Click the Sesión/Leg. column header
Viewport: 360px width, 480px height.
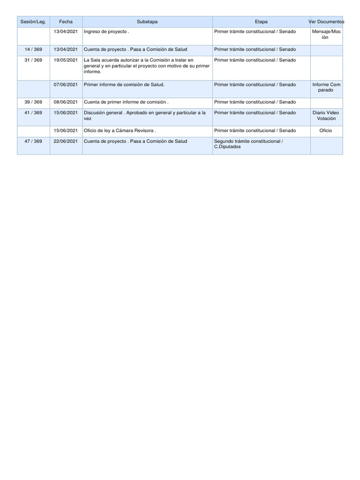(33, 22)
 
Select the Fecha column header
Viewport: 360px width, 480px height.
(66, 22)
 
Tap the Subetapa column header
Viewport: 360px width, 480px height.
(147, 22)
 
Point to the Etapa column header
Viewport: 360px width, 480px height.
(261, 22)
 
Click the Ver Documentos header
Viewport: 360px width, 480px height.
(327, 22)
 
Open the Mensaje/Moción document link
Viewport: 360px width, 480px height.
(326, 34)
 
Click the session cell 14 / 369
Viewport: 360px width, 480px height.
(33, 49)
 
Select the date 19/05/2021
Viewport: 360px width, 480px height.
(66, 60)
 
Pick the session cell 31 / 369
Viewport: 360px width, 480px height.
(33, 60)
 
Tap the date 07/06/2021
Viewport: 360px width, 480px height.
(66, 85)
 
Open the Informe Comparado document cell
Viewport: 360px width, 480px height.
(326, 87)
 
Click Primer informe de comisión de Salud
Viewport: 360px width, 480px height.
(124, 85)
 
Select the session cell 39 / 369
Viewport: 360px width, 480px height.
(33, 102)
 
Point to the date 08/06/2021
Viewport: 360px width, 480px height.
(66, 102)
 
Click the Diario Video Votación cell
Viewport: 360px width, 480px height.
(326, 115)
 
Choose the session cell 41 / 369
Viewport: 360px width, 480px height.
(33, 112)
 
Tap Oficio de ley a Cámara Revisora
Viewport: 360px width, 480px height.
(120, 130)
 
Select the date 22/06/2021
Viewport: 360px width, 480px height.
(66, 141)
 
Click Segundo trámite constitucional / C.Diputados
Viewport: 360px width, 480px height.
(248, 144)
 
